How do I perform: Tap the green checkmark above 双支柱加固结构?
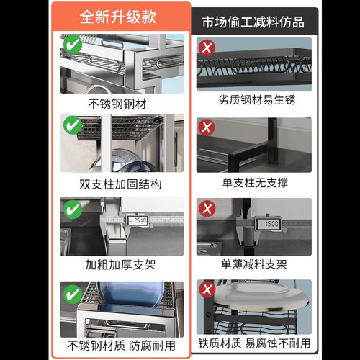click(73, 127)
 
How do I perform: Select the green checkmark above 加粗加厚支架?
click(73, 210)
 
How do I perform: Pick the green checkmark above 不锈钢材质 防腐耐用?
click(73, 294)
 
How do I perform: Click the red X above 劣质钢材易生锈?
click(207, 48)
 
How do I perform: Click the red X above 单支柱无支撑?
click(207, 129)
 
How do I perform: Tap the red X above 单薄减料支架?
click(207, 210)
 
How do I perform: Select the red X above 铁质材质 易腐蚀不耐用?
click(207, 291)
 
